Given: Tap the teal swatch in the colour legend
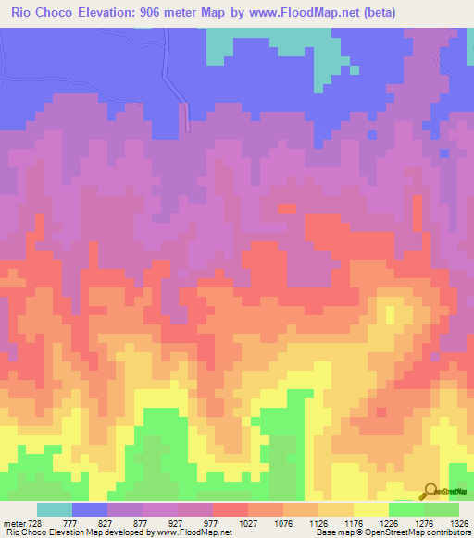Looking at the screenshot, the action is (x=55, y=509).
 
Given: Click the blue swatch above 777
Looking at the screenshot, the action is (x=90, y=509).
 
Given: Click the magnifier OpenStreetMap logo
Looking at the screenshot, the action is (x=430, y=491).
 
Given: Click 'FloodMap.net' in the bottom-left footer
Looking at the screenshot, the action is (x=203, y=532).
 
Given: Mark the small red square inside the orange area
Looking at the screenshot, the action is (x=380, y=410).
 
